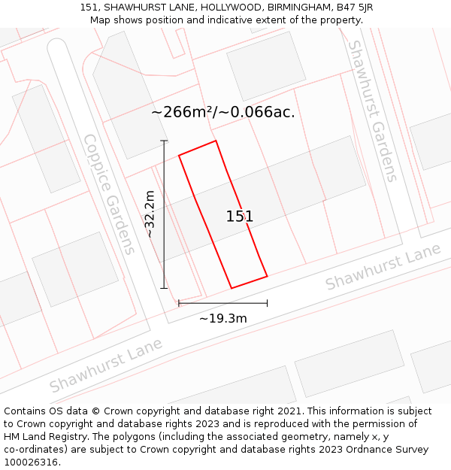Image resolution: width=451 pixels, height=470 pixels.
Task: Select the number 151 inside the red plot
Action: [240, 217]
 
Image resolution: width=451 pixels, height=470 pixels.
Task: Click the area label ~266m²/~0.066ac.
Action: [223, 113]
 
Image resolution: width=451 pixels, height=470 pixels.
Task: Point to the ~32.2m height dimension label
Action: [150, 214]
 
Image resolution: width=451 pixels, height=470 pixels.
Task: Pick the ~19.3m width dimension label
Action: [223, 318]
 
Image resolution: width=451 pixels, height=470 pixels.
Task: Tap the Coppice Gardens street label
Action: [109, 194]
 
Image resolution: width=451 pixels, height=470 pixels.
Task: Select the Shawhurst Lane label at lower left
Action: [106, 365]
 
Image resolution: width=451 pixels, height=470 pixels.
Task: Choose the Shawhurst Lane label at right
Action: [383, 270]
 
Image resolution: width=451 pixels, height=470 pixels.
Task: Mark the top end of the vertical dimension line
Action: [164, 141]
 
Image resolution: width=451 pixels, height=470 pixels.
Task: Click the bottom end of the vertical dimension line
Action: [164, 288]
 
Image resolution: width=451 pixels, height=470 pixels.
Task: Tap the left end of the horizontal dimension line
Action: [179, 303]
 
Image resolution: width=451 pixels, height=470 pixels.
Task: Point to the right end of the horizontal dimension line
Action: [267, 303]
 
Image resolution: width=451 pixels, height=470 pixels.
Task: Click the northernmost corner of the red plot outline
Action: [216, 141]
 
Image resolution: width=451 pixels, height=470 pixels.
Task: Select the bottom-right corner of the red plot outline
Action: [267, 276]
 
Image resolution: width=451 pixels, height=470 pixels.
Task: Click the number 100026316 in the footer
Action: [32, 462]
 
